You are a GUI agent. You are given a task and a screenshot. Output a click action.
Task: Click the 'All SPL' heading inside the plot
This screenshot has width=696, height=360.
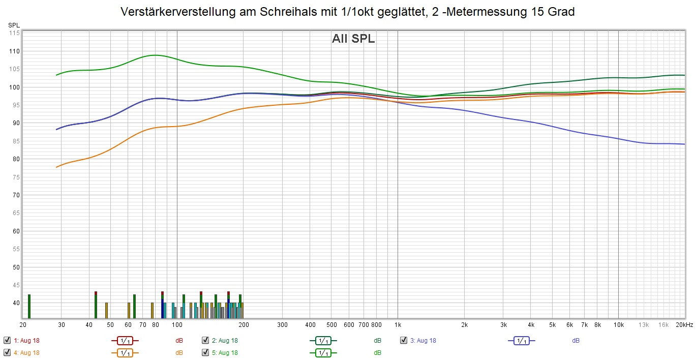tap(353, 39)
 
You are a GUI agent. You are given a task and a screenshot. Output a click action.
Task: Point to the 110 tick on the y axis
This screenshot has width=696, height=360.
tap(14, 51)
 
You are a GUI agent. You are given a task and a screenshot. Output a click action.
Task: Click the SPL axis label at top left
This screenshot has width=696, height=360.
tap(14, 25)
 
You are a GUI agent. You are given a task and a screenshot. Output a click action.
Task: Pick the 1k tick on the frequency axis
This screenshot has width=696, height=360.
tap(398, 324)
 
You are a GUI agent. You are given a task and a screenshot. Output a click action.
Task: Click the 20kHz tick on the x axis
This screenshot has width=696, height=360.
tap(683, 324)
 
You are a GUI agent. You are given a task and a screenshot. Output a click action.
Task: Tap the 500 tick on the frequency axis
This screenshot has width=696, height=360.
tap(331, 324)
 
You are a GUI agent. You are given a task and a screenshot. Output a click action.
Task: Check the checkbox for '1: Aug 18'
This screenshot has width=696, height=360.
tap(7, 340)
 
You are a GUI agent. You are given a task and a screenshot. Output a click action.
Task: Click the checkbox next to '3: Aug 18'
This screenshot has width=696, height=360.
tap(404, 340)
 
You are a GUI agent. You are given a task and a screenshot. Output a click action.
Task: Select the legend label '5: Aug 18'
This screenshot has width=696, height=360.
tap(225, 352)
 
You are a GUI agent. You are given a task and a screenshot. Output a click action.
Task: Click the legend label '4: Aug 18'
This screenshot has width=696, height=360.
tap(26, 352)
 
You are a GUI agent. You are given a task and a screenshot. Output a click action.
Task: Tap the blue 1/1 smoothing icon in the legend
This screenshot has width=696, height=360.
tap(521, 341)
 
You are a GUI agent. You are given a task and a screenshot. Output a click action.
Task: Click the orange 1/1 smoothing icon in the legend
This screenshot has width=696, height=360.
tap(125, 352)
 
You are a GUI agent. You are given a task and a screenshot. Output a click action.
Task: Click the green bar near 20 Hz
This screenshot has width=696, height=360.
tap(29, 306)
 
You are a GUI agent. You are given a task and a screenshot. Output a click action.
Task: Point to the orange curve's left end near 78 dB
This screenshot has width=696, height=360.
tap(56, 167)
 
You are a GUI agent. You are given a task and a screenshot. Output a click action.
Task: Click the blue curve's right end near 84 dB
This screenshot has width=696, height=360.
tap(684, 144)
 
